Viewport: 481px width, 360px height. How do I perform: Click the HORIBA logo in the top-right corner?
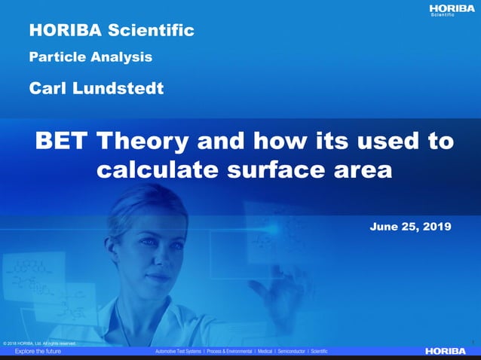(x=452, y=8)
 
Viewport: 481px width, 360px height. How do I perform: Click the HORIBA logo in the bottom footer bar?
(x=446, y=351)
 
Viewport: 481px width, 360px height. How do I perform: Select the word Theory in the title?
(x=147, y=141)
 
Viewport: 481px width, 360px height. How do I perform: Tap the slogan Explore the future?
(x=38, y=351)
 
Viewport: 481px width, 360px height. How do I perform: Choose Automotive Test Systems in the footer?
(x=178, y=352)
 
